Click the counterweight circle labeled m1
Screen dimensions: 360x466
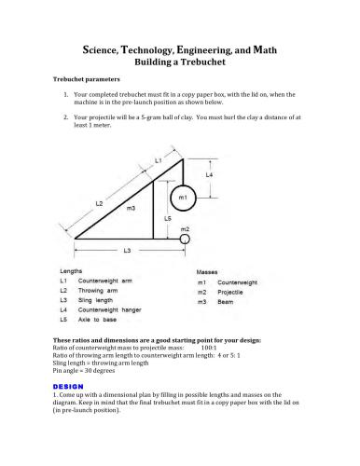click(x=184, y=198)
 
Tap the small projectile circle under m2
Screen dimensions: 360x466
click(x=185, y=240)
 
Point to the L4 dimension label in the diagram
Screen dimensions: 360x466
click(x=209, y=174)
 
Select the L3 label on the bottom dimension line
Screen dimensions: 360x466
click(x=128, y=251)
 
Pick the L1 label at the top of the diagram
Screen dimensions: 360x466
click(x=159, y=160)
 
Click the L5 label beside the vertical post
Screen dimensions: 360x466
click(x=167, y=218)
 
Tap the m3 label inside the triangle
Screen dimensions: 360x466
click(x=132, y=209)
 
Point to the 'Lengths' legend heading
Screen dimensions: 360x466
click(x=71, y=269)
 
